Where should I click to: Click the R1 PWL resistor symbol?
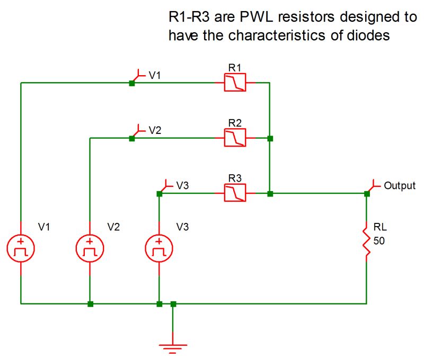[x=234, y=83]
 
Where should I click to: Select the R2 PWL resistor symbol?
[x=234, y=139]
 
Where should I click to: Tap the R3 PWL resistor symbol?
[x=234, y=194]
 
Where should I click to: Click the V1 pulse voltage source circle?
[x=21, y=248]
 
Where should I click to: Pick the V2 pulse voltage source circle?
[x=90, y=248]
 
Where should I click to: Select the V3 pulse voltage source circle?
[x=159, y=248]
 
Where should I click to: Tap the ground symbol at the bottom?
[x=173, y=347]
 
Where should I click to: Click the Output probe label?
[x=400, y=186]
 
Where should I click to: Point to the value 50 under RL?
[x=379, y=241]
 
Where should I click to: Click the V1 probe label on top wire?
[x=155, y=76]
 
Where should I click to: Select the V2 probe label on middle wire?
[x=155, y=131]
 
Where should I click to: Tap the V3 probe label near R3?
[x=182, y=186]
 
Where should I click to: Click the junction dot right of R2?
[x=270, y=139]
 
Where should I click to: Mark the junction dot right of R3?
[x=270, y=194]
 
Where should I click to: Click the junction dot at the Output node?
[x=367, y=194]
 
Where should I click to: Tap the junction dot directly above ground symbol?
[x=173, y=304]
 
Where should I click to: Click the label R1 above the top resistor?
[x=234, y=67]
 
